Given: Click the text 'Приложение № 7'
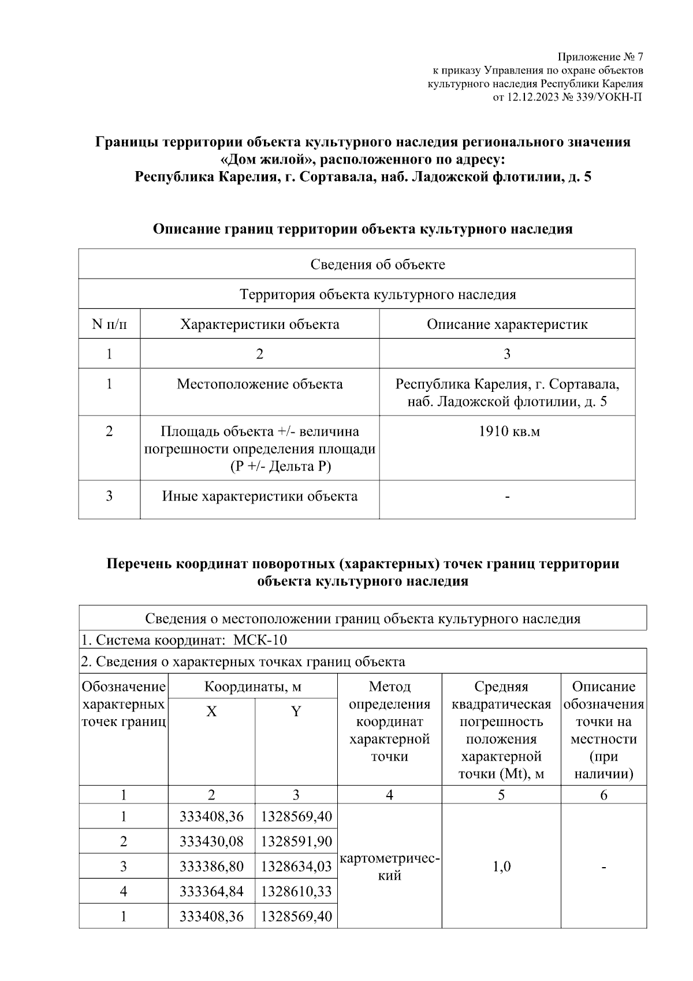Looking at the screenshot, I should tap(600, 57).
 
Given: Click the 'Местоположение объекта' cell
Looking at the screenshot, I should tap(259, 384).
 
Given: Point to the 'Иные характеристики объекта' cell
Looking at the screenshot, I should tap(259, 496).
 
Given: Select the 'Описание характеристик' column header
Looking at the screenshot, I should tap(507, 324).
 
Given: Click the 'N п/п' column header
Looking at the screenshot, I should tap(109, 324).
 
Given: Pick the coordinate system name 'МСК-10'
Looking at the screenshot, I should tap(260, 640).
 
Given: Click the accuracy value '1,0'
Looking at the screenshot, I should tap(501, 867).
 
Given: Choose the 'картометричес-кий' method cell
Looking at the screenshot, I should tap(390, 867).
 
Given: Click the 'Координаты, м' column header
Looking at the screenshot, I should tap(252, 687).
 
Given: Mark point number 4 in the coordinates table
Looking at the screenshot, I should tap(124, 891).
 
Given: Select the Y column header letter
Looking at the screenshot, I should tap(296, 711).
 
